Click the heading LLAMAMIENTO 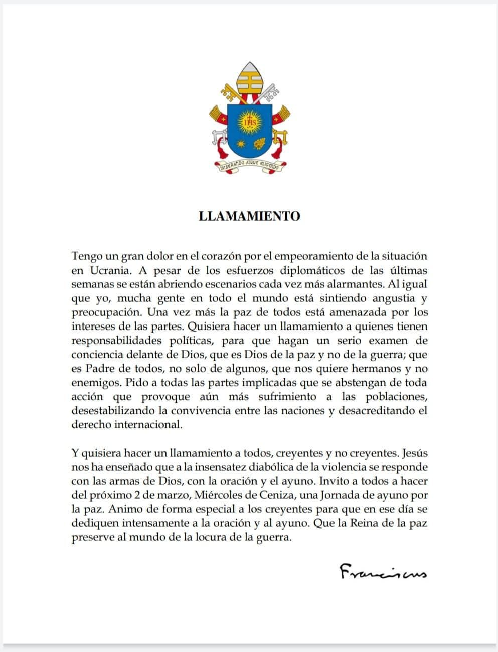(x=249, y=216)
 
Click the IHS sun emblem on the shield (x=249, y=122)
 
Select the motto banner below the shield (x=249, y=165)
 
